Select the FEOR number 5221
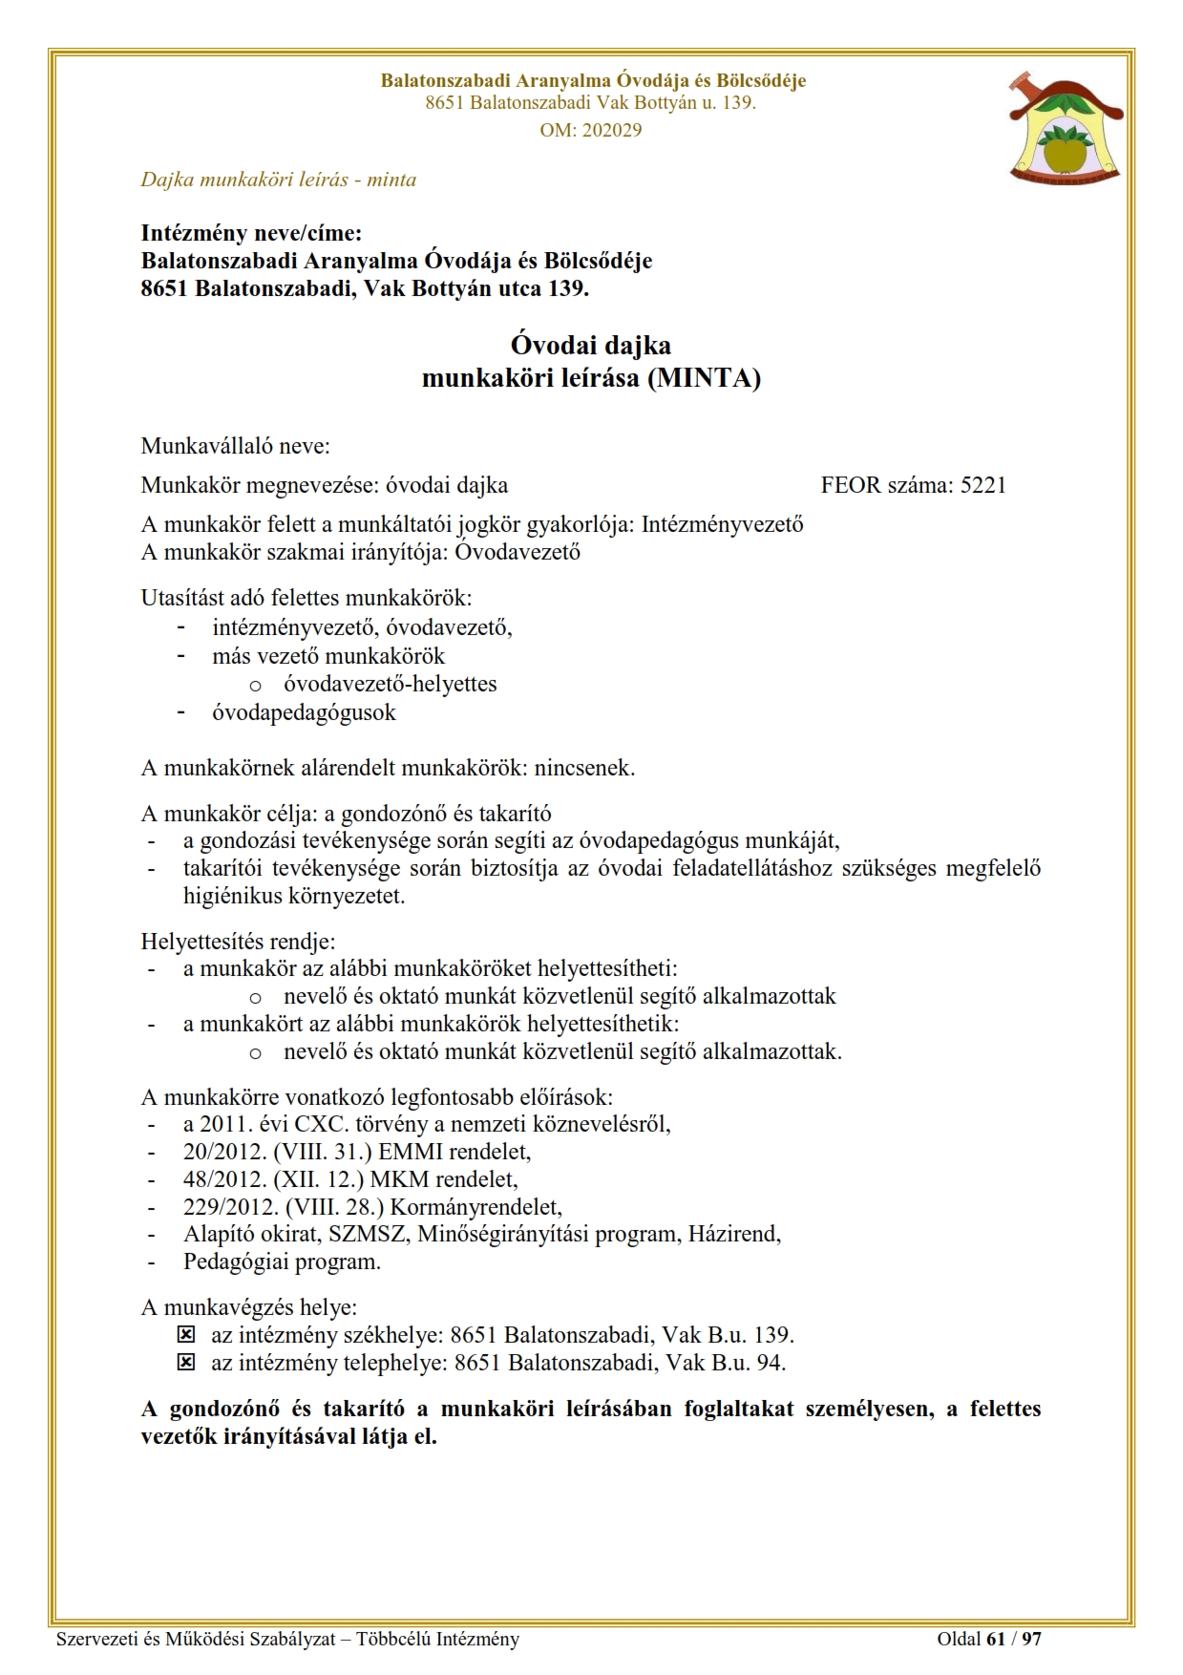982,485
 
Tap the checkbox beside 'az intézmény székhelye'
187,1335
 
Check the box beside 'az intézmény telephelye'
187,1363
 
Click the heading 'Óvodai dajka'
590,345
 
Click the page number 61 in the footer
996,1640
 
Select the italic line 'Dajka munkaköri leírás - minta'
278,180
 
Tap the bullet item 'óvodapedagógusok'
304,712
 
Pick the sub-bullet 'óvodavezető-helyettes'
390,685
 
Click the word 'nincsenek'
583,768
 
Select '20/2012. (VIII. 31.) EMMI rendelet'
356,1152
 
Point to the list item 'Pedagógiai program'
282,1262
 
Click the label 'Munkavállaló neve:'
235,446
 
